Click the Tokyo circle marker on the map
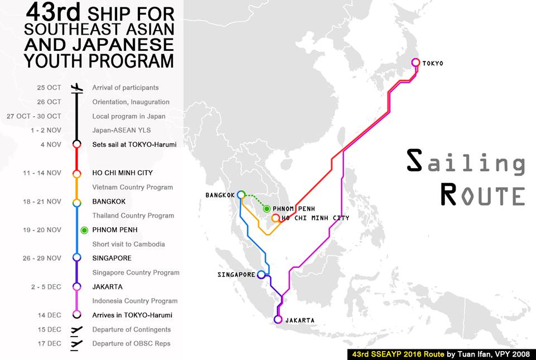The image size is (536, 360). (x=415, y=63)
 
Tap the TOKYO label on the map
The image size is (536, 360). (x=433, y=64)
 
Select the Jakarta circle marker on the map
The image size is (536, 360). (x=278, y=320)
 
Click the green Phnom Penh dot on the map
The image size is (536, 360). (x=267, y=209)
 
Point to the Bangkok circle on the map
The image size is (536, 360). (x=241, y=195)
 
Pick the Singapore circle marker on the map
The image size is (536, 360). (x=261, y=275)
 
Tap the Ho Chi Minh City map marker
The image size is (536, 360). (x=275, y=218)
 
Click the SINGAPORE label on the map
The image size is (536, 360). (x=236, y=275)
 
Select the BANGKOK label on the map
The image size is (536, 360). (x=221, y=195)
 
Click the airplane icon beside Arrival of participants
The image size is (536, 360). (x=77, y=88)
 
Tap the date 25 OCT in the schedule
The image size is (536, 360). (x=49, y=88)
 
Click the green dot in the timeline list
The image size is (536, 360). (x=84, y=230)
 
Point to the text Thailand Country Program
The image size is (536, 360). (x=132, y=215)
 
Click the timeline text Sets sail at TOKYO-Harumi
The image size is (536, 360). (x=134, y=145)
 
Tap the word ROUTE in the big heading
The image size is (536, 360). (x=482, y=195)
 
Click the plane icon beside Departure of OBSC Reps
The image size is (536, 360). (x=77, y=343)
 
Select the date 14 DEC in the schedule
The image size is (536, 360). (x=50, y=315)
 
